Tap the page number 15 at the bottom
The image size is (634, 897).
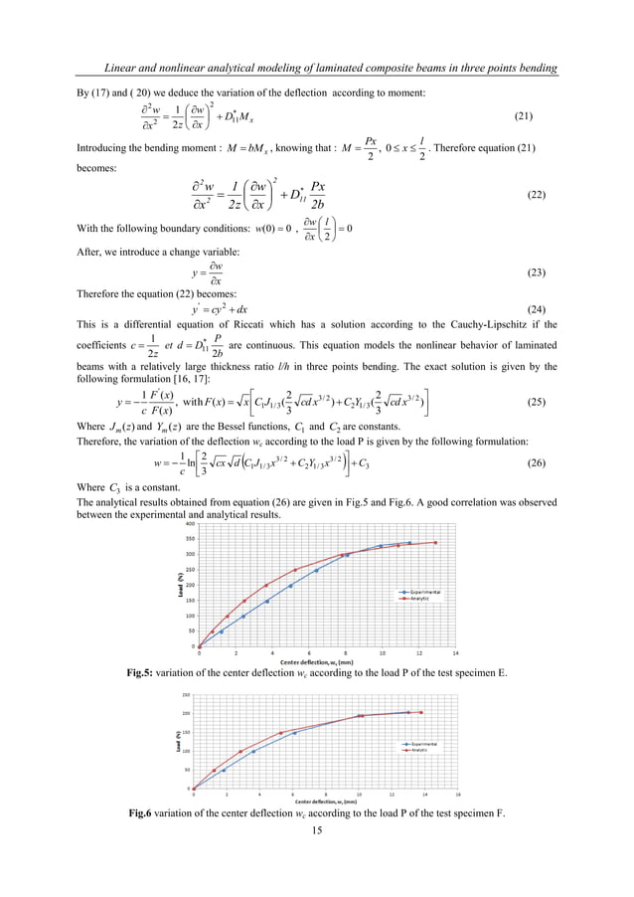tap(317, 830)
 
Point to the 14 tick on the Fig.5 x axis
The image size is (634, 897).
tap(455, 653)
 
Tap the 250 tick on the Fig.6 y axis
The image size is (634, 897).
tap(186, 694)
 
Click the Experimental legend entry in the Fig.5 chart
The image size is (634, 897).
tap(421, 592)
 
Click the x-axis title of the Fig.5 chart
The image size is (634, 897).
tap(317, 661)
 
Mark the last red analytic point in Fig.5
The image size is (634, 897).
tap(435, 542)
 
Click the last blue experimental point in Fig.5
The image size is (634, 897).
tap(409, 543)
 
